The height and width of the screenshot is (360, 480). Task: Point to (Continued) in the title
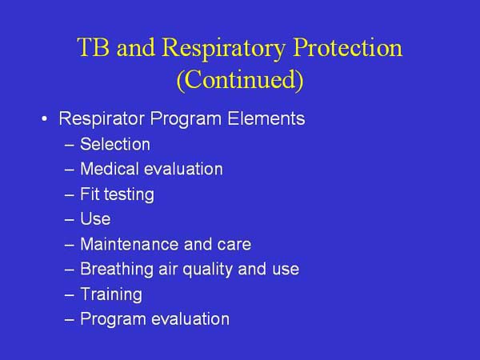click(240, 81)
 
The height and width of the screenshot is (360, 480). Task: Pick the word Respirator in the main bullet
click(97, 119)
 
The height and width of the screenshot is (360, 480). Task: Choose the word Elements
click(268, 119)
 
